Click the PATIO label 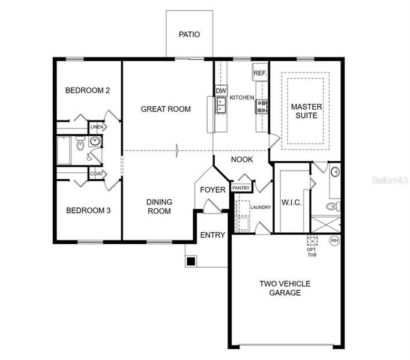(x=189, y=35)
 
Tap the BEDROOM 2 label (x=88, y=91)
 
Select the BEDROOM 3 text (x=88, y=211)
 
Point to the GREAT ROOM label (x=166, y=109)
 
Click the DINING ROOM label (x=159, y=206)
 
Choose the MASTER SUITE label (x=307, y=111)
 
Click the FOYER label (x=213, y=190)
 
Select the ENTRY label (x=213, y=235)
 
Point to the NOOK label (x=243, y=160)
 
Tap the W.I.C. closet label (x=291, y=203)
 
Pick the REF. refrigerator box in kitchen (x=259, y=73)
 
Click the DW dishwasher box (x=220, y=91)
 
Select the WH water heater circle (x=334, y=241)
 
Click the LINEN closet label (x=96, y=127)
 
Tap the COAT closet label (x=96, y=173)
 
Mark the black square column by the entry (x=190, y=261)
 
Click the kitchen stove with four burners (x=262, y=106)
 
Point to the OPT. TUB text (x=311, y=252)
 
